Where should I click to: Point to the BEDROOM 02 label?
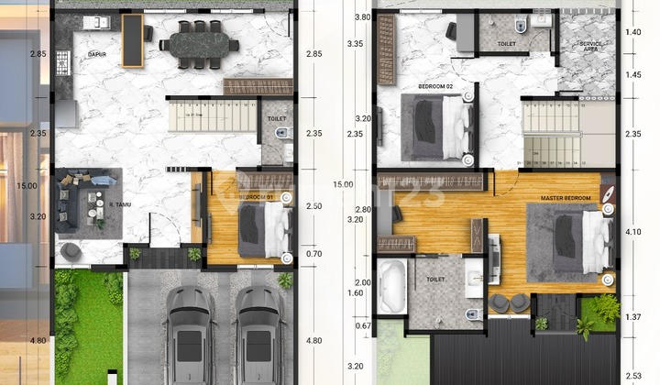coord(435,86)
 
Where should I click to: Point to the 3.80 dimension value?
coord(362,17)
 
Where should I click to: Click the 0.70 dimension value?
coord(314,254)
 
